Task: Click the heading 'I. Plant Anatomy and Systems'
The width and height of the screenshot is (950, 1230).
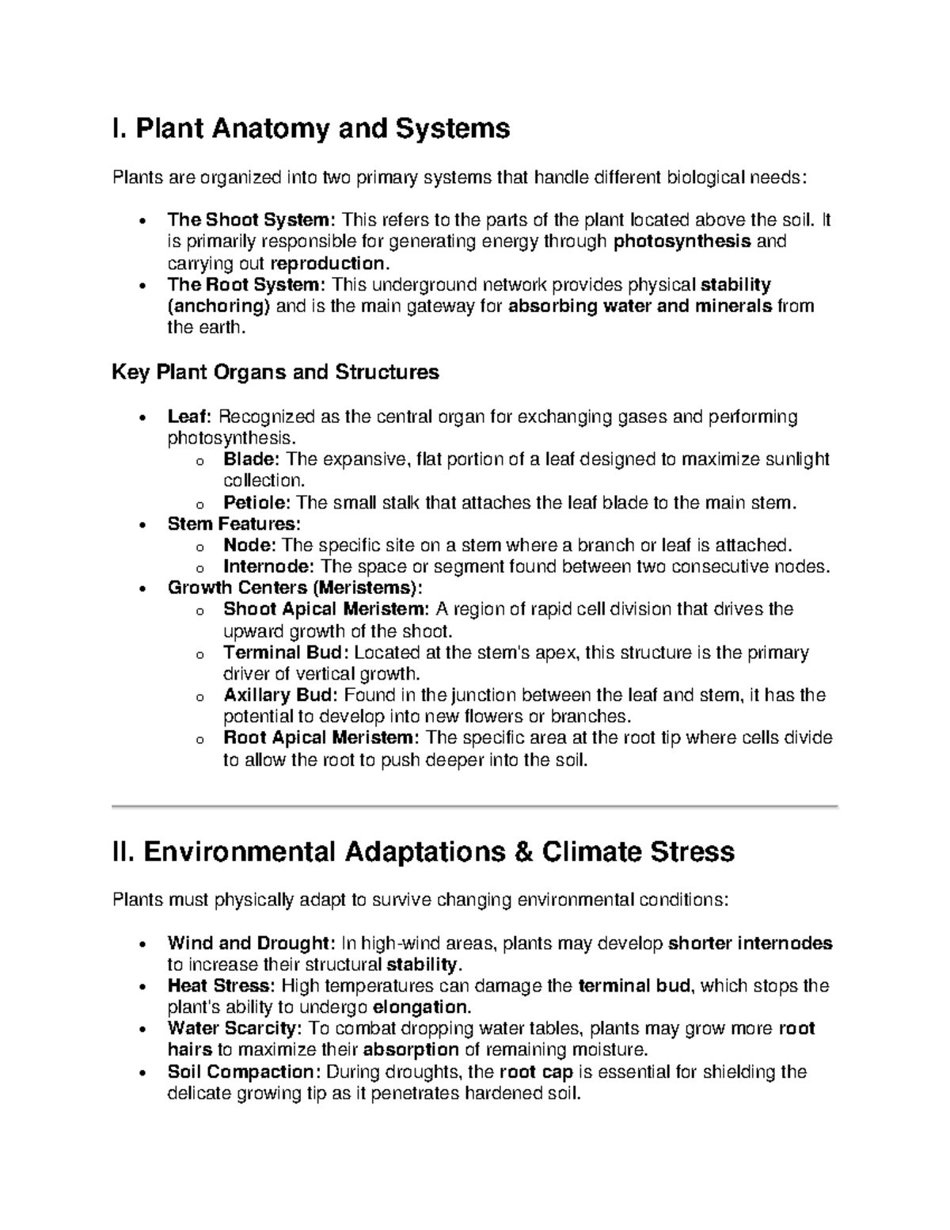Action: pyautogui.click(x=311, y=128)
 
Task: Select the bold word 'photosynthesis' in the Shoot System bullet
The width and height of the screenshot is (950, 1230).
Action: pyautogui.click(x=682, y=242)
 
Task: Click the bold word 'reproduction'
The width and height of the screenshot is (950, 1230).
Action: pyautogui.click(x=328, y=263)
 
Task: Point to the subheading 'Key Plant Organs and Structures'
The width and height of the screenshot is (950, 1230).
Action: pyautogui.click(x=275, y=372)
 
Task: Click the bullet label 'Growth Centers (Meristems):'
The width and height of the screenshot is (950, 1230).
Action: pyautogui.click(x=295, y=588)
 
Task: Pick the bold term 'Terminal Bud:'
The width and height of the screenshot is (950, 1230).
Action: pyautogui.click(x=286, y=653)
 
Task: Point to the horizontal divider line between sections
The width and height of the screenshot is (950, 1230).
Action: pyautogui.click(x=475, y=806)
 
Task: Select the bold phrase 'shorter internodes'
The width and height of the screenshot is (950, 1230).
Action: pyautogui.click(x=750, y=943)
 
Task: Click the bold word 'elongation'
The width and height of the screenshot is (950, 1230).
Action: pyautogui.click(x=420, y=1007)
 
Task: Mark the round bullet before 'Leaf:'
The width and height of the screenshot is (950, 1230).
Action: pyautogui.click(x=141, y=418)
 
